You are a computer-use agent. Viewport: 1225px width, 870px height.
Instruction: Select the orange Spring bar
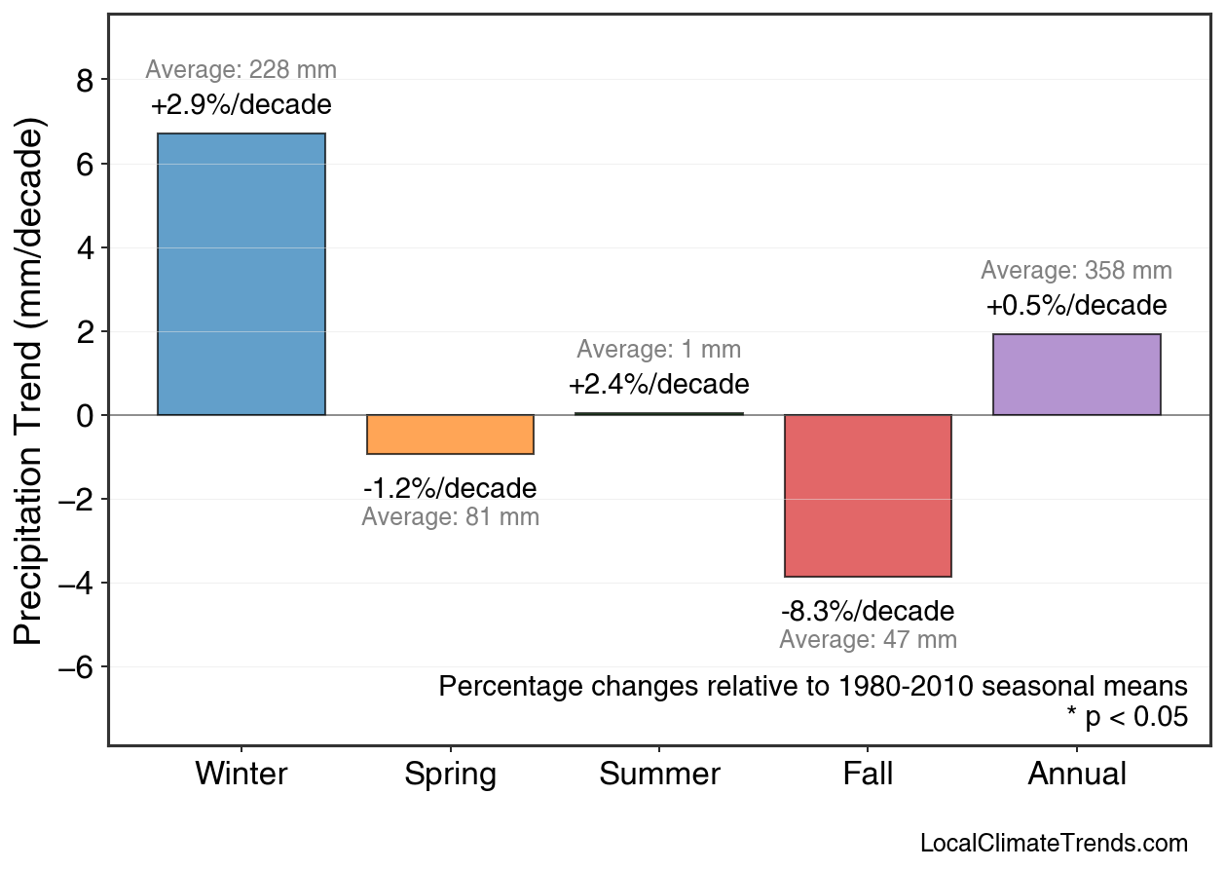click(450, 435)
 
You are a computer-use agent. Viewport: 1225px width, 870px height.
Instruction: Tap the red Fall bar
click(868, 496)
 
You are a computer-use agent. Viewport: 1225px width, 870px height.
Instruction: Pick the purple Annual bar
click(1076, 375)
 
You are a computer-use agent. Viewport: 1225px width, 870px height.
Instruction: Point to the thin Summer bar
click(659, 414)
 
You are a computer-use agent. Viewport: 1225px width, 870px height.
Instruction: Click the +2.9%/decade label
click(241, 105)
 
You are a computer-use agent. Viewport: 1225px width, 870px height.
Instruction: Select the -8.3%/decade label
click(868, 612)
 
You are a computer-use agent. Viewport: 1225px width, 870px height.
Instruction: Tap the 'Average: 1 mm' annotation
click(659, 350)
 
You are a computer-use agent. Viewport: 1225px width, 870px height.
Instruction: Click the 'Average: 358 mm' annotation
click(1076, 271)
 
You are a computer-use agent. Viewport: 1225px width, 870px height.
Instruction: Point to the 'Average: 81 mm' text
click(450, 517)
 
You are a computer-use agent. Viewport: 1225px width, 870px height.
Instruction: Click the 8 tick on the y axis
click(85, 81)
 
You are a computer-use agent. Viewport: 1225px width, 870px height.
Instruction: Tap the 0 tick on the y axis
click(85, 416)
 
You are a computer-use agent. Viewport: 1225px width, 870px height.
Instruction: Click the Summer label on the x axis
click(659, 775)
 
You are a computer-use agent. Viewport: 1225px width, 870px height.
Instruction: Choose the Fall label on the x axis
click(868, 775)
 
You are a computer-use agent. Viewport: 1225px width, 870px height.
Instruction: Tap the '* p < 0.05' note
click(1127, 718)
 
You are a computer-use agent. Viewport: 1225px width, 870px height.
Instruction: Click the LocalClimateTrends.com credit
click(1054, 844)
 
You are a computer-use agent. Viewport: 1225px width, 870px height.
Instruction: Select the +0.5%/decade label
click(1076, 306)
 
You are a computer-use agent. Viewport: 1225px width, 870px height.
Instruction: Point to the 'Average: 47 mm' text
click(868, 640)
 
